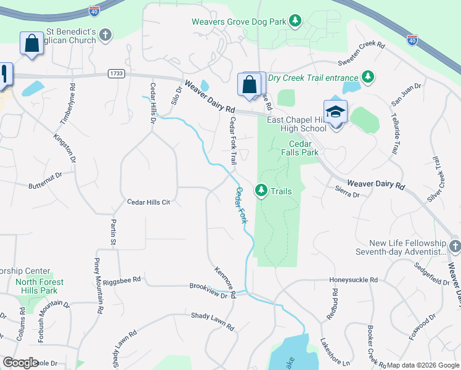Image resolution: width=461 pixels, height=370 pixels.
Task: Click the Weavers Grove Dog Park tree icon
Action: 296,22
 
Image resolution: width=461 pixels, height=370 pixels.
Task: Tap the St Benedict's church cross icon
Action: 105,34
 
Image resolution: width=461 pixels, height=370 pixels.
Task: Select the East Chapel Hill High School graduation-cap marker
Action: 335,112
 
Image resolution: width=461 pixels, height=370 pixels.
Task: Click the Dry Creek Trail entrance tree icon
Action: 368,78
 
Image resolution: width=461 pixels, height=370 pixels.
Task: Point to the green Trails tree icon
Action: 262,191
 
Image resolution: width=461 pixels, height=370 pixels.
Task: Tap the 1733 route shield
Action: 116,73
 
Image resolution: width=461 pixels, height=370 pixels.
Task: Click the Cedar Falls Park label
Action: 300,148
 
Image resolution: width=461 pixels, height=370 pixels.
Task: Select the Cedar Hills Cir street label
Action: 148,202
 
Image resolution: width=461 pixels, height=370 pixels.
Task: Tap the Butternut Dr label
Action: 46,176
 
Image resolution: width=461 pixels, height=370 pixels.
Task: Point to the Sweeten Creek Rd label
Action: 361,46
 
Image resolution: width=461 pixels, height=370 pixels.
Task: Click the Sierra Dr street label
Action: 347,194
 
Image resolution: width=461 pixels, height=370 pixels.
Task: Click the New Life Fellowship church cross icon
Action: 454,247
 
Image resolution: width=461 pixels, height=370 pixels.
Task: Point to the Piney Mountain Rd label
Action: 97,287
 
